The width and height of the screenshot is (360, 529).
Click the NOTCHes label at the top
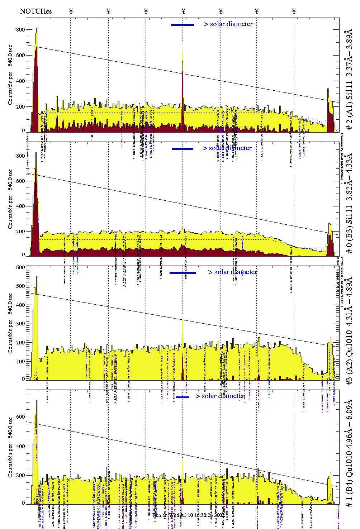(36, 11)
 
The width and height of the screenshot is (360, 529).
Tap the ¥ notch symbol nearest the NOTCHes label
(71, 11)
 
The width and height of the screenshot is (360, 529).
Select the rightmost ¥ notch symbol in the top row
(294, 11)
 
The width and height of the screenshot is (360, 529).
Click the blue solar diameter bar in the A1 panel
(183, 25)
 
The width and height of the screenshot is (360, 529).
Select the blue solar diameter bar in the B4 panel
(183, 397)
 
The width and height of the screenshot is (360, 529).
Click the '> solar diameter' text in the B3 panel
(227, 148)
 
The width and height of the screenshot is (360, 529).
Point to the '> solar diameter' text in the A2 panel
(232, 272)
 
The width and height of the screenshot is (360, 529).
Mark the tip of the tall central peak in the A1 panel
(183, 43)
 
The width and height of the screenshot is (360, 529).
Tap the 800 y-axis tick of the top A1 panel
(20, 30)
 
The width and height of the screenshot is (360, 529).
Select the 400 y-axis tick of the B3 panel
(20, 206)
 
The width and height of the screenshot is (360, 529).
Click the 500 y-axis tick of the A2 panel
(20, 286)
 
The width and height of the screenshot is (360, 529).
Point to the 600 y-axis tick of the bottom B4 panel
(20, 417)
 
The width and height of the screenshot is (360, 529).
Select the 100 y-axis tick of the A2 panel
(20, 361)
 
